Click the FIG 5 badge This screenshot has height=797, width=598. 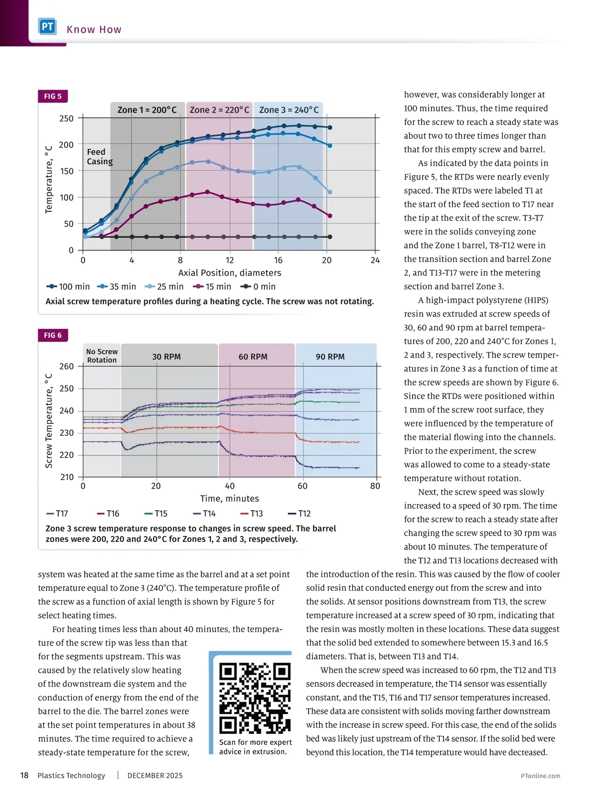click(x=53, y=96)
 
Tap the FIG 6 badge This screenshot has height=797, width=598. click(x=53, y=335)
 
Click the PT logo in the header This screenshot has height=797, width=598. click(x=47, y=26)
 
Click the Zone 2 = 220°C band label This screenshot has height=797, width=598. click(x=219, y=110)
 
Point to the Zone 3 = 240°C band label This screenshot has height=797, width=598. click(x=289, y=110)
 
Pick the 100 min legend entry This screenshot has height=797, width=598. click(x=68, y=286)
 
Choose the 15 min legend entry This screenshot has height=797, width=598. click(x=213, y=286)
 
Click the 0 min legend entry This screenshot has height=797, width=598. click(x=258, y=286)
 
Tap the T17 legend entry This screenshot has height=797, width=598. click(x=57, y=514)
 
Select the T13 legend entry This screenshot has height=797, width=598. click(x=252, y=514)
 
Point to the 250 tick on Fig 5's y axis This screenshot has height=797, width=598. click(x=66, y=119)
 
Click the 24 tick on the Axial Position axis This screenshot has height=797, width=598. click(x=375, y=260)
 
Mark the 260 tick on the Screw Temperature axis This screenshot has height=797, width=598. click(x=66, y=366)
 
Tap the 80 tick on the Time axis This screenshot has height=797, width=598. click(x=375, y=486)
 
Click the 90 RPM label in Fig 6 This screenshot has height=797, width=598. click(x=330, y=357)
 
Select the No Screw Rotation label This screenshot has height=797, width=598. click(x=102, y=356)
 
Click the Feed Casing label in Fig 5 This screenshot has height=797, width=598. click(x=100, y=156)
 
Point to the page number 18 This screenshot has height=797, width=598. click(x=24, y=775)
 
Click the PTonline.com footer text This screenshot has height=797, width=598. click(x=540, y=776)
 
